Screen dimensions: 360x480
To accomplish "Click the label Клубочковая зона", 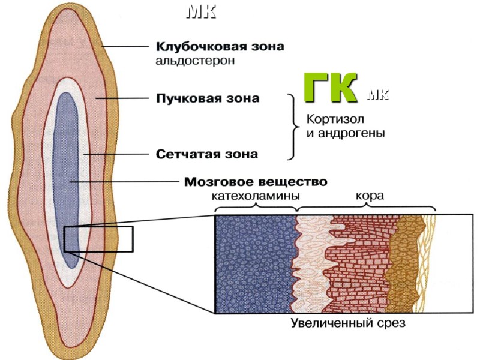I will click(x=220, y=46).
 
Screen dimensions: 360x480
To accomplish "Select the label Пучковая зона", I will click(x=208, y=98).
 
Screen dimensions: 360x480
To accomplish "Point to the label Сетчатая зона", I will click(x=207, y=154).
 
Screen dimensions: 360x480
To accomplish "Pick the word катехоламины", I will click(x=256, y=196).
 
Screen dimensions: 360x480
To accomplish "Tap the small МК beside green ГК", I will click(x=376, y=95).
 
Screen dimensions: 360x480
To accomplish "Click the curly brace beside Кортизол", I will click(x=293, y=126).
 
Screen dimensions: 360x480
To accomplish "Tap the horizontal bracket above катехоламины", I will click(x=256, y=207).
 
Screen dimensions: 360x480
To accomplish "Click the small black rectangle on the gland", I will click(x=98, y=239).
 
